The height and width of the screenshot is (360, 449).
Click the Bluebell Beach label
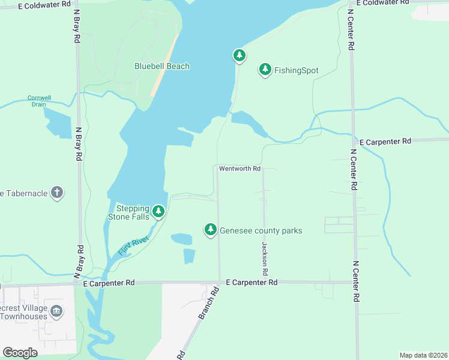pyautogui.click(x=161, y=66)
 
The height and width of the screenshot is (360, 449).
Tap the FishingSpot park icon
pyautogui.click(x=265, y=70)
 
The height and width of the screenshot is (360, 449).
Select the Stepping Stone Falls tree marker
pyautogui.click(x=158, y=211)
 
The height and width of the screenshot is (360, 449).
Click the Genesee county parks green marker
pyautogui.click(x=210, y=229)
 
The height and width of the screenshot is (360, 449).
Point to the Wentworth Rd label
pyautogui.click(x=240, y=169)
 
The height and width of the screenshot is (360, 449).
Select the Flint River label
pyautogui.click(x=133, y=245)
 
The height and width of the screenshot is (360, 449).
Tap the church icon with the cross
pyautogui.click(x=56, y=193)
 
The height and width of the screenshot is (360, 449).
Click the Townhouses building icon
pyautogui.click(x=56, y=310)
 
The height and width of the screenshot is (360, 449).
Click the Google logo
pyautogui.click(x=20, y=352)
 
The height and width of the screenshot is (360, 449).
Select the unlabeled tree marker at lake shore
pyautogui.click(x=240, y=56)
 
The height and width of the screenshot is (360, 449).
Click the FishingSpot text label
pyautogui.click(x=296, y=70)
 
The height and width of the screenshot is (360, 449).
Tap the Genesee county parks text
pyautogui.click(x=261, y=230)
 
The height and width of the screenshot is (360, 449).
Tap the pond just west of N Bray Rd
pyautogui.click(x=58, y=123)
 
